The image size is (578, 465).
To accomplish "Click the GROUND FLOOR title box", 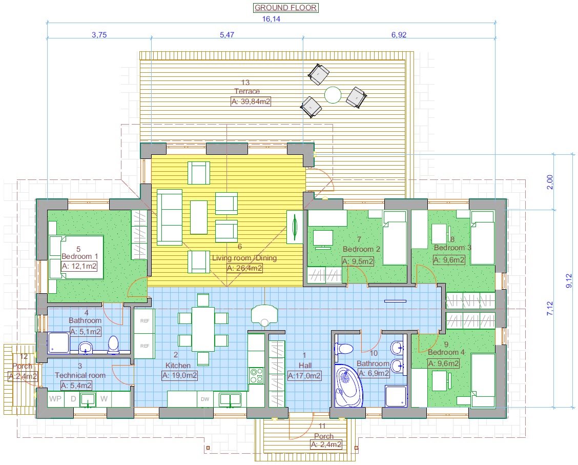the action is pos(286,8).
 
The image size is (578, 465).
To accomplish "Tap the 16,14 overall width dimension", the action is pos(271,19).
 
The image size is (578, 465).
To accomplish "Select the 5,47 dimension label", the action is pos(226,35).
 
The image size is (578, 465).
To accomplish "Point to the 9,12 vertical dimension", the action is pos(569,280).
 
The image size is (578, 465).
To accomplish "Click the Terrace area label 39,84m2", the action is pos(251,102).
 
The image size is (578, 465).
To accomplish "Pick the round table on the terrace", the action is pos(333,95).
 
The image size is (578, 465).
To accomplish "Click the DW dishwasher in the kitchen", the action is pos(205,399).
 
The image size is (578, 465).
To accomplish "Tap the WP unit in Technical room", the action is pos(55,399).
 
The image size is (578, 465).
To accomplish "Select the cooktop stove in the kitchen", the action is pos(257,376).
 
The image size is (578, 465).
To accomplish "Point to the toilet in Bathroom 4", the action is pos(113,345).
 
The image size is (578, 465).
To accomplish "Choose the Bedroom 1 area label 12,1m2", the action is pos(79,266).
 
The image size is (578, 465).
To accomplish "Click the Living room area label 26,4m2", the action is pos(244,268).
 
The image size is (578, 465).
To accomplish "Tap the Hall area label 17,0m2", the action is pos(304,376).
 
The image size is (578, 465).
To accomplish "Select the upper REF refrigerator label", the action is pos(144,321).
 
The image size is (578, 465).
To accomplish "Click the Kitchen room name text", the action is pos(178,366).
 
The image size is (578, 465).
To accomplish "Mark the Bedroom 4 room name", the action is pos(446,352).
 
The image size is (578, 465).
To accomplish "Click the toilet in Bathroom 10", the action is pos(344,349).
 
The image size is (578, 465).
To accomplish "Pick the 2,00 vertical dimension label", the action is pos(550,182).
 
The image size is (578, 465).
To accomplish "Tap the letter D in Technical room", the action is pos(73,399).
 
